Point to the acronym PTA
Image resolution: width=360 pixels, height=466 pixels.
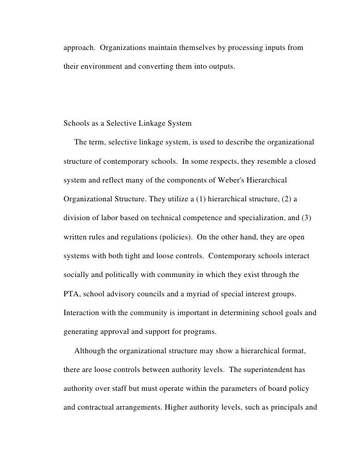point(73,295)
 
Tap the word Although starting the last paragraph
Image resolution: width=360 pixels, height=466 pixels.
point(90,351)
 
